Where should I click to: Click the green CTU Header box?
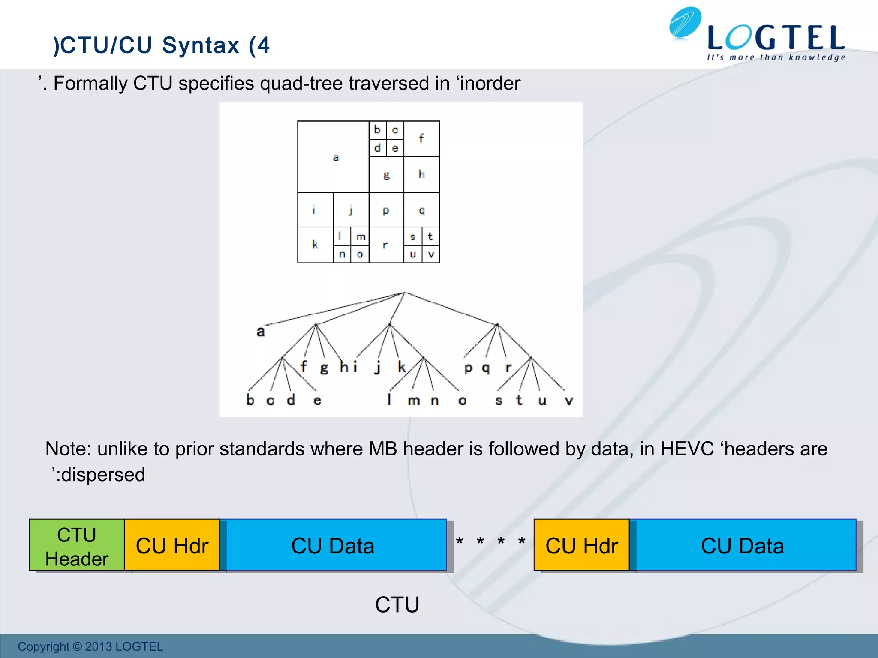77,545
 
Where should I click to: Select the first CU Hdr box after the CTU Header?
172,545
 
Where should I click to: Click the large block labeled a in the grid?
333,157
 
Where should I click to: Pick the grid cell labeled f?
421,138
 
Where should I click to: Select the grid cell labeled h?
421,174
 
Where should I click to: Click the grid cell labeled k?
315,245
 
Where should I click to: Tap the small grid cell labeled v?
431,254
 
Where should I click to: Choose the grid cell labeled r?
386,245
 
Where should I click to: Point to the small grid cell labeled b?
377,130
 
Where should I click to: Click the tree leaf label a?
260,332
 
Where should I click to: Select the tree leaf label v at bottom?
568,401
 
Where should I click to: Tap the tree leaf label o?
462,401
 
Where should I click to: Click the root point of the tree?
404,293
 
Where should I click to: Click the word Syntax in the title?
201,45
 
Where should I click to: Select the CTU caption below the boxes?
397,604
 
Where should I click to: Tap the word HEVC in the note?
687,449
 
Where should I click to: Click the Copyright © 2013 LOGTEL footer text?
90,646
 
